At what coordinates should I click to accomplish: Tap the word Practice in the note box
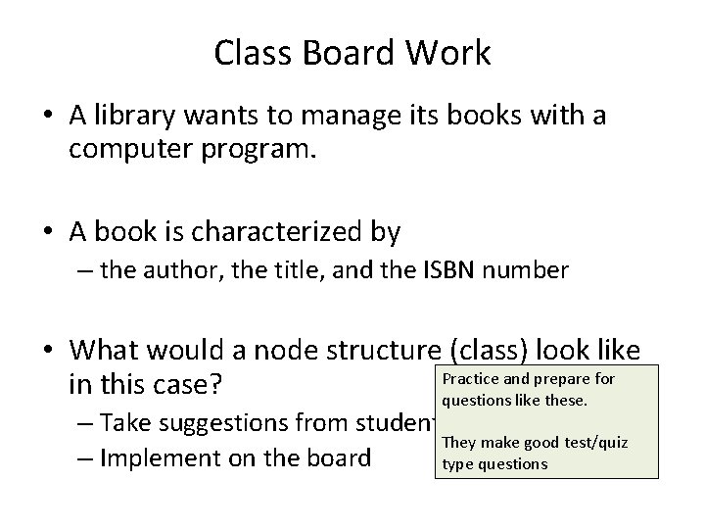point(472,379)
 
